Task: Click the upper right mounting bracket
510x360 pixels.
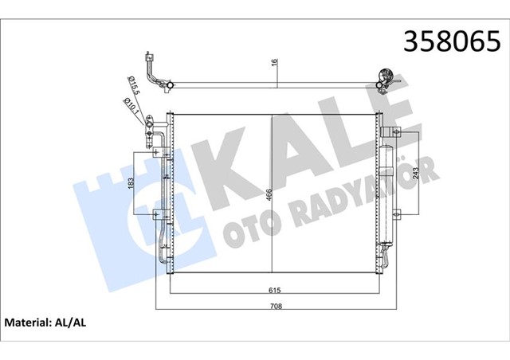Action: (388, 132)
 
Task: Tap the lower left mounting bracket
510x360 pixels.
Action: (159, 213)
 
